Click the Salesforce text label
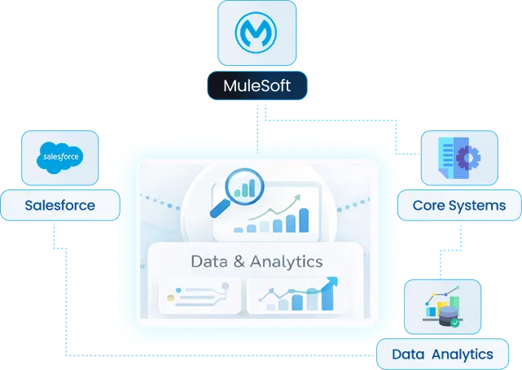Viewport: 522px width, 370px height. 60,205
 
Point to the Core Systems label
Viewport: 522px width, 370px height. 459,205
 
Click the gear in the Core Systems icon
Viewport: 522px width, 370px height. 467,156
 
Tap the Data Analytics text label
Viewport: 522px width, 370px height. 442,355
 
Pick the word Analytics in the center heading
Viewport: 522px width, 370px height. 285,262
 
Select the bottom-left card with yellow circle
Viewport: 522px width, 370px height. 200,296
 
